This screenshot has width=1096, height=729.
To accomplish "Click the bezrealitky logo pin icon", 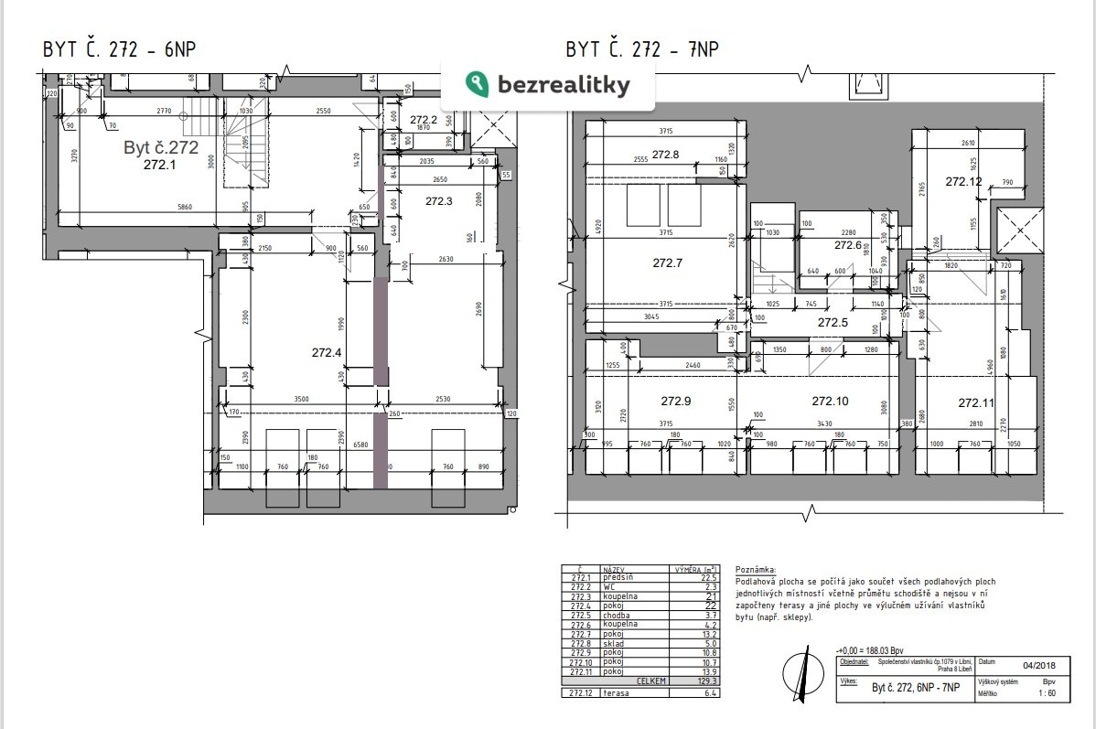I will click(477, 84).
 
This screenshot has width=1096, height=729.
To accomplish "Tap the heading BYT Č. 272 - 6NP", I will click(120, 49).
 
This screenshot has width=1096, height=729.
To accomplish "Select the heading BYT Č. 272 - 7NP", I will click(641, 49).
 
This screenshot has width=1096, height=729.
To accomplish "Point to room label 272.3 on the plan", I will click(440, 200).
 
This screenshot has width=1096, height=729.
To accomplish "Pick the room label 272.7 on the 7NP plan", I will click(668, 263).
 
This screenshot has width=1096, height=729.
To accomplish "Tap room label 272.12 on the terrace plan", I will click(963, 182).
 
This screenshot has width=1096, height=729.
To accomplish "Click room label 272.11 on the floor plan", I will click(975, 402).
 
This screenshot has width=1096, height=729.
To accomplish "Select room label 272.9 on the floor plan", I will click(675, 401).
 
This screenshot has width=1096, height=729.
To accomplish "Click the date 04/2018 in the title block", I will click(1026, 666).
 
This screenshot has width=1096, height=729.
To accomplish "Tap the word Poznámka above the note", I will click(755, 569).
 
